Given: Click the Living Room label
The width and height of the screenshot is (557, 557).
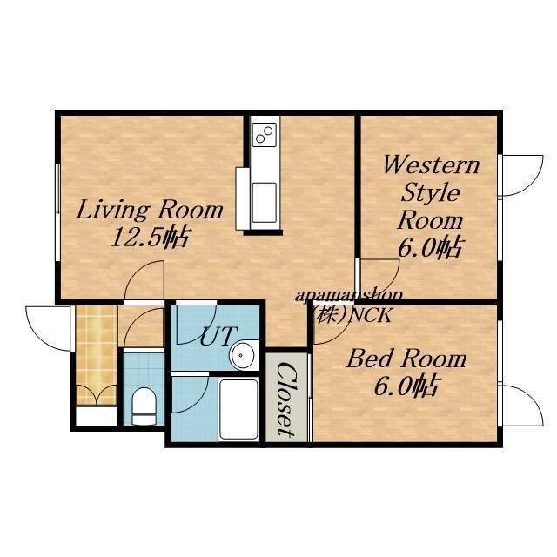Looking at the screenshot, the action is [149, 211].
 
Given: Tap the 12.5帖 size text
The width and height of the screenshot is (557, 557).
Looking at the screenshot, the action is [151, 237].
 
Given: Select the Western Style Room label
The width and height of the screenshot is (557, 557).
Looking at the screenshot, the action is [431, 193].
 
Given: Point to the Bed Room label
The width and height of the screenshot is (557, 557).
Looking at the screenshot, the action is [406, 359].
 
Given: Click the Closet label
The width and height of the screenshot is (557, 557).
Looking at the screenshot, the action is [286, 399].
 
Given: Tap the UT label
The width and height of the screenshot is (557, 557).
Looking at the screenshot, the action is [218, 336].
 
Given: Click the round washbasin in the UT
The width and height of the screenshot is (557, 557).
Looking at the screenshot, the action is [242, 355].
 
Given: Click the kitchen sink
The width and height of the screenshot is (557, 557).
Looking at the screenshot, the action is [264, 203].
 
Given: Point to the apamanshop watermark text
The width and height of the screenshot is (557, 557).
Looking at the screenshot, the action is [349, 296].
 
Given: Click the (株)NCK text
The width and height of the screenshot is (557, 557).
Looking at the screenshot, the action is [352, 315].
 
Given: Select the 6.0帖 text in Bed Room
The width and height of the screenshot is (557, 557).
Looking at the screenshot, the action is [408, 386].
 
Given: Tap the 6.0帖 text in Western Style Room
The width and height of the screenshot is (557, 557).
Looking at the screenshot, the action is [431, 247].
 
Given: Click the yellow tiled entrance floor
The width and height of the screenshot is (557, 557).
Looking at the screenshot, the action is [97, 355].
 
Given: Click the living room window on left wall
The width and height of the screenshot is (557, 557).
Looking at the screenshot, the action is [57, 212].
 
